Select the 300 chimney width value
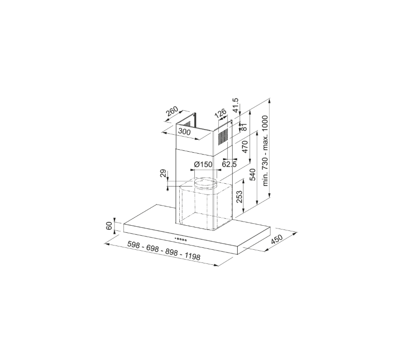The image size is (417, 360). (x=185, y=133)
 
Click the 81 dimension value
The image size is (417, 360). (x=244, y=126)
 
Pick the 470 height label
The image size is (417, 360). (x=245, y=147)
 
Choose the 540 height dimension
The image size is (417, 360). (x=253, y=174)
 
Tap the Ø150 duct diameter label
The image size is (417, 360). (x=203, y=164)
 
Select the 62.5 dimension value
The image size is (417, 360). (x=229, y=164)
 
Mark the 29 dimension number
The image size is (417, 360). (x=163, y=174)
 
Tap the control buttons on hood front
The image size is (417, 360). (x=181, y=239)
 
